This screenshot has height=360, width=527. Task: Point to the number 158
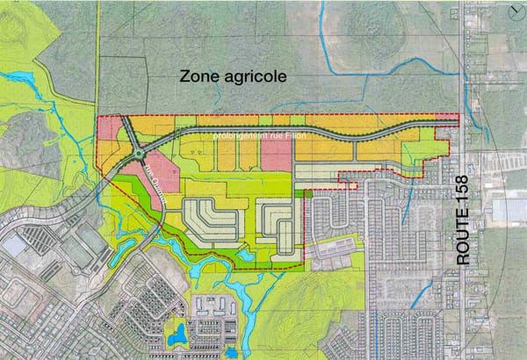click(465, 193)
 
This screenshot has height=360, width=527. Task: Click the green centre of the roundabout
click(138, 156)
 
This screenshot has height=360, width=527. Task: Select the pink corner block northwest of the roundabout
click(109, 130)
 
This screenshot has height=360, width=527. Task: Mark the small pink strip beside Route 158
click(447, 117)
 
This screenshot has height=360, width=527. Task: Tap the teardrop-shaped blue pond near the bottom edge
click(177, 335)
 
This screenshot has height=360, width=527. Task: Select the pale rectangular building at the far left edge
click(12, 247)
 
